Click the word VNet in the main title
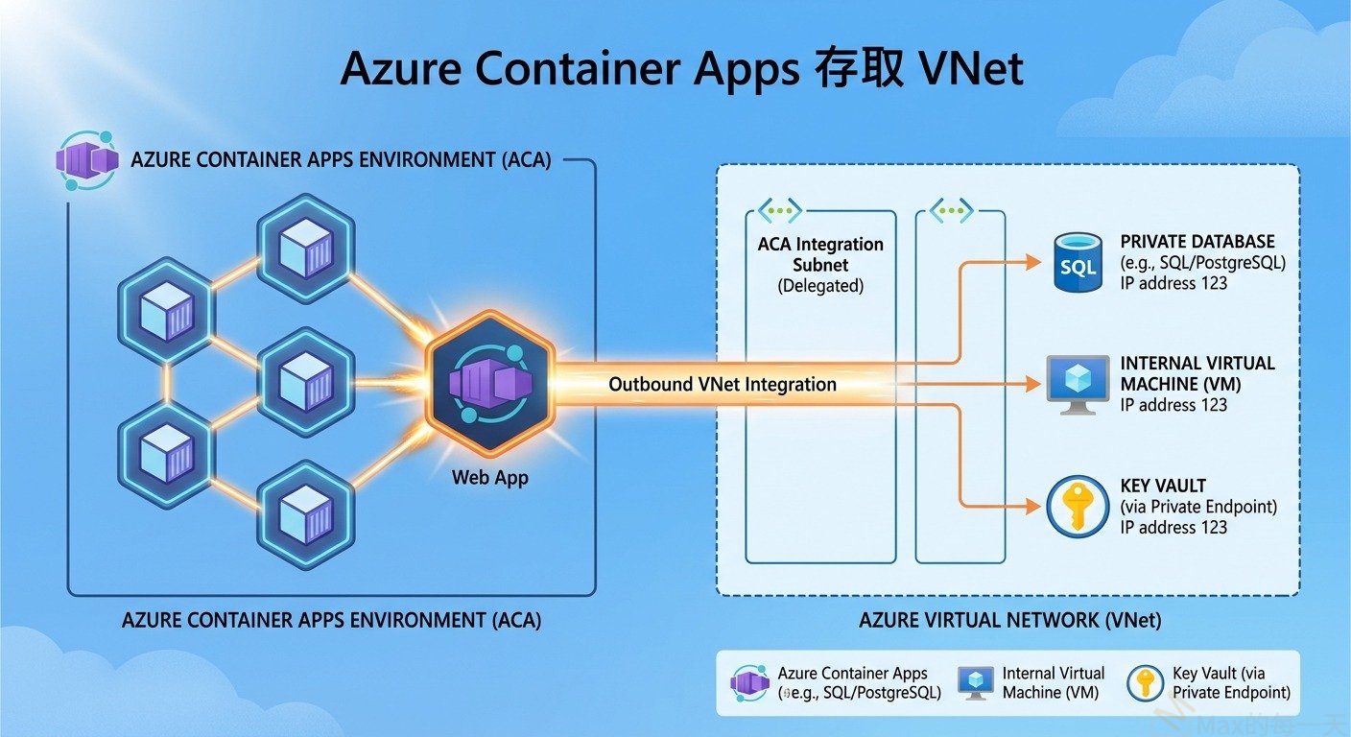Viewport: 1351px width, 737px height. pyautogui.click(x=970, y=69)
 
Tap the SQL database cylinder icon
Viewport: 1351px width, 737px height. pyautogui.click(x=1078, y=262)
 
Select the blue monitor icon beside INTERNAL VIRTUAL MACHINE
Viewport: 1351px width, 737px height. pyautogui.click(x=1077, y=383)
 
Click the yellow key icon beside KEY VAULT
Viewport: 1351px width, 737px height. pyautogui.click(x=1078, y=506)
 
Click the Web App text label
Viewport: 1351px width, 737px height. pyautogui.click(x=489, y=477)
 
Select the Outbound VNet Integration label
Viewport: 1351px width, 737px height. pyautogui.click(x=722, y=385)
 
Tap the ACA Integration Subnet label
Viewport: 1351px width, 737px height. pyautogui.click(x=820, y=254)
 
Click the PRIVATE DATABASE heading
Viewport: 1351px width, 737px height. pyautogui.click(x=1197, y=241)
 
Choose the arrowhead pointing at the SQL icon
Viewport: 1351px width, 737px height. pyautogui.click(x=1033, y=262)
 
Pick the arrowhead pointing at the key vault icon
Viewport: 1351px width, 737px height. pyautogui.click(x=1033, y=505)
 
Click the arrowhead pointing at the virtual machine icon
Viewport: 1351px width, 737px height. pyautogui.click(x=1033, y=385)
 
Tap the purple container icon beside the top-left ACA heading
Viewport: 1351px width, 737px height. pyautogui.click(x=87, y=158)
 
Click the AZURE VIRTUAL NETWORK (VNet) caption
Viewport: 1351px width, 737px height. pyautogui.click(x=1009, y=620)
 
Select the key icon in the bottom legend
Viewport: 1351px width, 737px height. pyautogui.click(x=1146, y=682)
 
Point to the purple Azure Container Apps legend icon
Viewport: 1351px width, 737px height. pyautogui.click(x=750, y=682)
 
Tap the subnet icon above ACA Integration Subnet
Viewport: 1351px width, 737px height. pyautogui.click(x=780, y=211)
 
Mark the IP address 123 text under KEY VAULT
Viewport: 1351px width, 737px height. pyautogui.click(x=1173, y=527)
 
